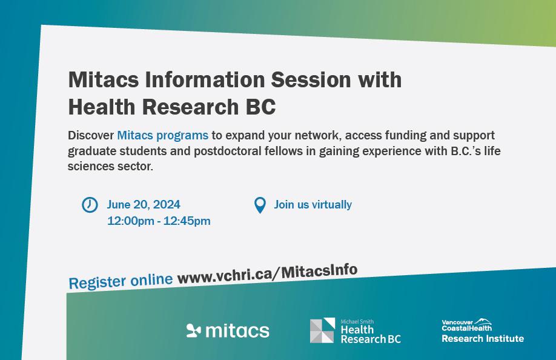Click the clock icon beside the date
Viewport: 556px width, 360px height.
(90, 205)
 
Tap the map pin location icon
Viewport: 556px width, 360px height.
(260, 205)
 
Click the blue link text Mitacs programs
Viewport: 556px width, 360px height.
(162, 136)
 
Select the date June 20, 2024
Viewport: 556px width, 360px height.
(144, 205)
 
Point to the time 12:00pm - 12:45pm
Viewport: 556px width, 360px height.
(159, 221)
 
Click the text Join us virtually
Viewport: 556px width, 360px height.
(313, 205)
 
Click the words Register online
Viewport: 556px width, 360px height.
(121, 282)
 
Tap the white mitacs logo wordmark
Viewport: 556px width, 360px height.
(237, 330)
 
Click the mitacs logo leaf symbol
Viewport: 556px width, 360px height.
(193, 330)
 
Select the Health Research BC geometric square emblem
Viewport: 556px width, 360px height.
(322, 330)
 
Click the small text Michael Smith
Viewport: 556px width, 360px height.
(357, 322)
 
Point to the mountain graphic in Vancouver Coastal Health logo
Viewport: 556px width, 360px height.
(483, 321)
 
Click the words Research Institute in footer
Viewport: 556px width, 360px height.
(483, 339)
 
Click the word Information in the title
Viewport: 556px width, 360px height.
(205, 79)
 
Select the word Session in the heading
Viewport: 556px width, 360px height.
(311, 79)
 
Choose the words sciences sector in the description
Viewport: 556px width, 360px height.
(110, 166)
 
